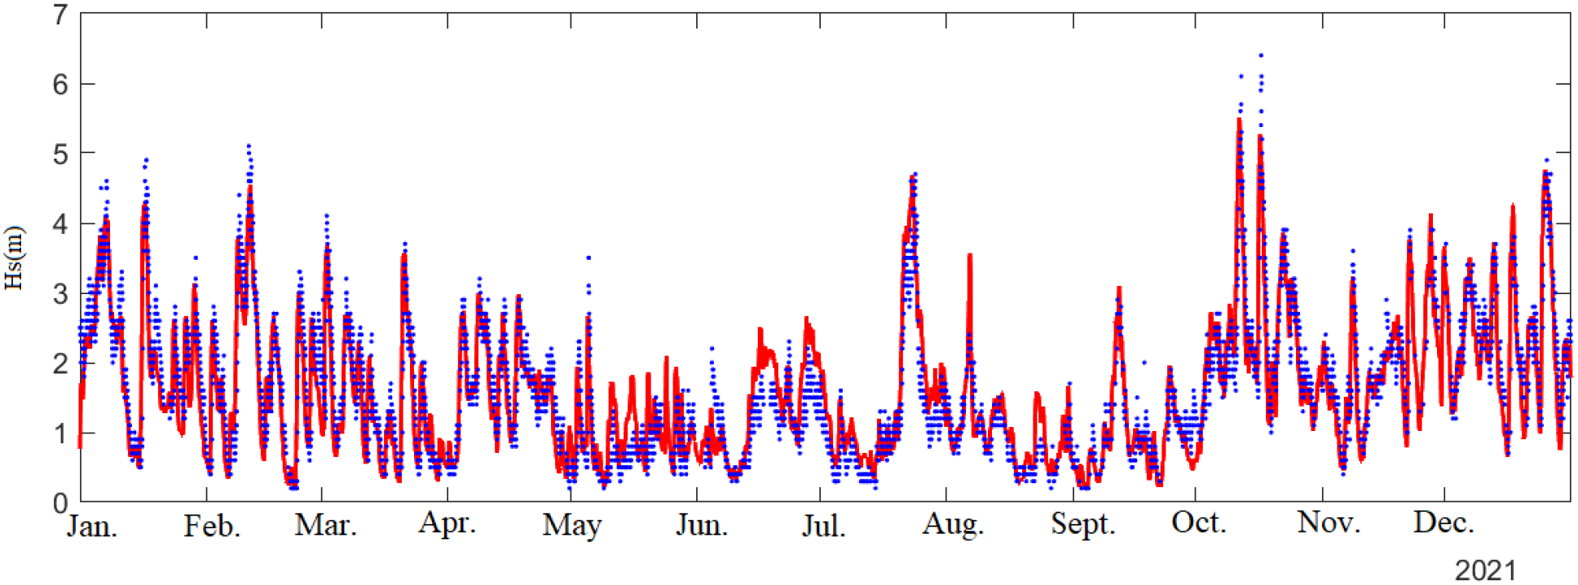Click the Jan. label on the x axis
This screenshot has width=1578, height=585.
[92, 526]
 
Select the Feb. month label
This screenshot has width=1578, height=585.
[212, 526]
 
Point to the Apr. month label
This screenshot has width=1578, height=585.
[447, 523]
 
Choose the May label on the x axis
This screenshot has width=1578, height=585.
[571, 526]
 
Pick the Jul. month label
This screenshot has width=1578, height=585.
[823, 526]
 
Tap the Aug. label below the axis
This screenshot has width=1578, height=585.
[953, 525]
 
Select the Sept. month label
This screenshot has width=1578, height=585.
[1082, 524]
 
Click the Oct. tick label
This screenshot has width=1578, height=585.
[1198, 523]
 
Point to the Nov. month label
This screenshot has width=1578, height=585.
[1329, 523]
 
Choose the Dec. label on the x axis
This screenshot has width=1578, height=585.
[1444, 523]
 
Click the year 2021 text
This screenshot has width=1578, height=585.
[1485, 570]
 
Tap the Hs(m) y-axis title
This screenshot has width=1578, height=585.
[15, 258]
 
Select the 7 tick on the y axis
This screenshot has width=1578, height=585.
[60, 15]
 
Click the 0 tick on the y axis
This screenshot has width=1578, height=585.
[60, 504]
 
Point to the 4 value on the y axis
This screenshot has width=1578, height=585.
[60, 224]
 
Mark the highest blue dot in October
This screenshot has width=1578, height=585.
[1261, 55]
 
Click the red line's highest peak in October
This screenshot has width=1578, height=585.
[1239, 120]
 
